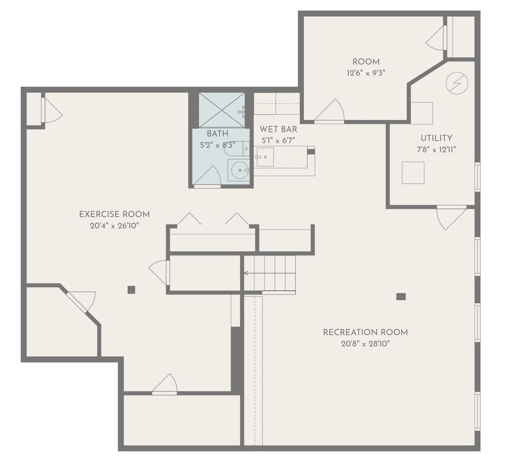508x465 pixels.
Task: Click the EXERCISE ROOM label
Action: tap(114, 214)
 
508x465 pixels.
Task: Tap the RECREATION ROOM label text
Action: tap(365, 332)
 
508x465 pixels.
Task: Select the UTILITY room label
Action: tap(436, 138)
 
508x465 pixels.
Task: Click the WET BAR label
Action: tap(278, 129)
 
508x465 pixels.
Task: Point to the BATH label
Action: tap(217, 134)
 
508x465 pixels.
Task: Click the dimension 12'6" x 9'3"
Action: tap(366, 73)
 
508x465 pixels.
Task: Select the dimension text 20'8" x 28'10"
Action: tap(365, 344)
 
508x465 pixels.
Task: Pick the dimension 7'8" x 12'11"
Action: tap(436, 150)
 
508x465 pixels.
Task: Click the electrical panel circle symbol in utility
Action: tap(456, 83)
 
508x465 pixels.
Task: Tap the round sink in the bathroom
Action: tap(239, 170)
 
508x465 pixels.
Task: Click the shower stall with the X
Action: tap(221, 110)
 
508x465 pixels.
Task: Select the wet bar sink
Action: tap(265, 157)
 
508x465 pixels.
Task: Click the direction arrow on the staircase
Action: tap(247, 273)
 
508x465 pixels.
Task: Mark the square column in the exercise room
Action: tap(131, 290)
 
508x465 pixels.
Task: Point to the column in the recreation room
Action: tap(401, 296)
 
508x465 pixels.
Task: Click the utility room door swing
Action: tap(450, 217)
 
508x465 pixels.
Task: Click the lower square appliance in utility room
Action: tap(413, 173)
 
